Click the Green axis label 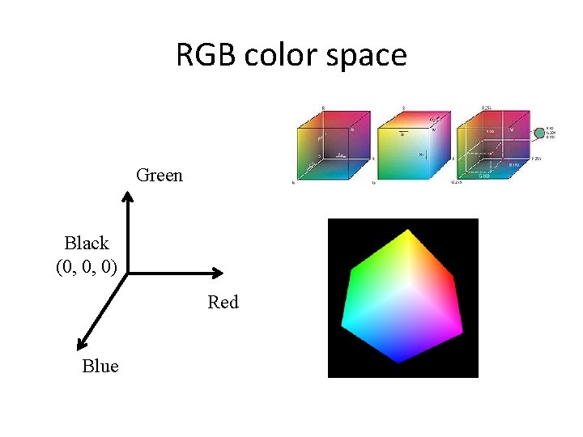coord(160,175)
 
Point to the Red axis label coord(223,303)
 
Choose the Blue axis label coord(100,367)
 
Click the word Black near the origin coord(87,243)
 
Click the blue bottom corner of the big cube coord(399,361)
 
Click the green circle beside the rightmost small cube coord(538,132)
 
